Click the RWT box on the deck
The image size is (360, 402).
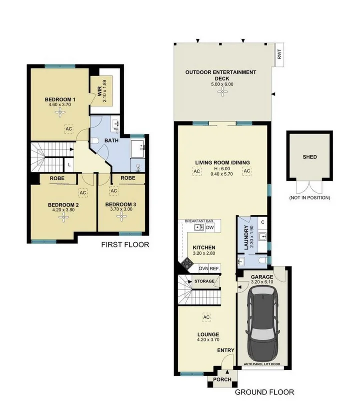pyautogui.click(x=280, y=53)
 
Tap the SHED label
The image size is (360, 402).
pyautogui.click(x=309, y=157)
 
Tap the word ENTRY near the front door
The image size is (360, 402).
pyautogui.click(x=225, y=350)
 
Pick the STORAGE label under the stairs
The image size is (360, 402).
pyautogui.click(x=204, y=282)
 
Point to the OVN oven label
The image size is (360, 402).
pyautogui.click(x=204, y=268)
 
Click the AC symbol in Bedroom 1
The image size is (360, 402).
pyautogui.click(x=67, y=129)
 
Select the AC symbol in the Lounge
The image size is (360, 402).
pyautogui.click(x=205, y=316)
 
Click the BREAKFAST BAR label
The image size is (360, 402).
pyautogui.click(x=199, y=220)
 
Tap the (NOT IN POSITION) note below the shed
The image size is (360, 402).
pyautogui.click(x=309, y=198)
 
